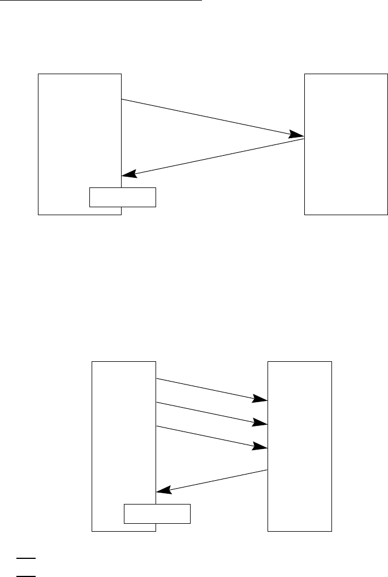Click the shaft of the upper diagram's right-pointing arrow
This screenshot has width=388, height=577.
click(209, 118)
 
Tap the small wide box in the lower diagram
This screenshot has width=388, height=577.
click(157, 514)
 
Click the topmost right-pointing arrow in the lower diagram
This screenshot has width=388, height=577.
click(209, 390)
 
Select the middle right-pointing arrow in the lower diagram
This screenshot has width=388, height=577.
click(209, 413)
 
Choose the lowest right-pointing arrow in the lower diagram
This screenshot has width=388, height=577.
click(209, 437)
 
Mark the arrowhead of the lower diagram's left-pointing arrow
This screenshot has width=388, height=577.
click(162, 491)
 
